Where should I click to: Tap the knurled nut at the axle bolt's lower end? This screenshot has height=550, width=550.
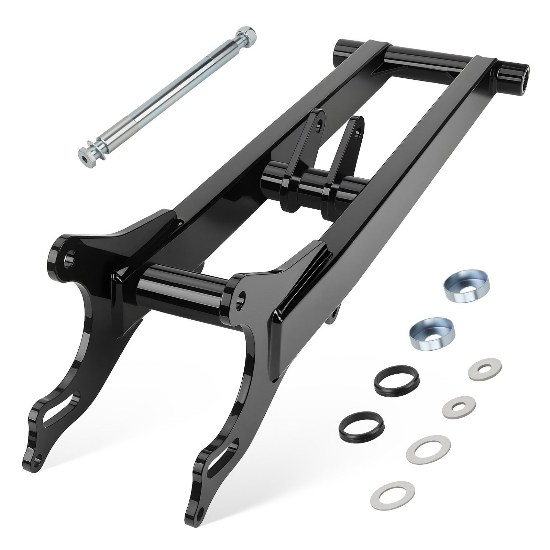point(86,153)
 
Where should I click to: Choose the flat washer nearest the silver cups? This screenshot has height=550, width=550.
point(485,369)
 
